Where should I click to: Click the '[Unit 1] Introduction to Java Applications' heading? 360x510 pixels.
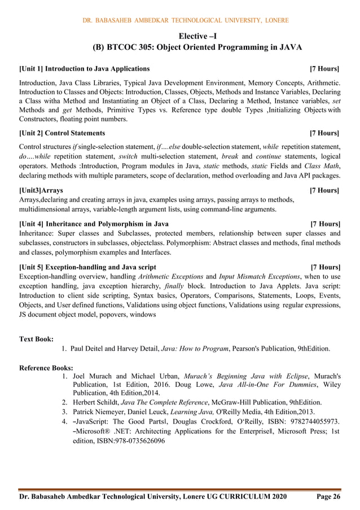coord(85,69)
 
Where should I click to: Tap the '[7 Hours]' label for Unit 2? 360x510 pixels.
coord(324,133)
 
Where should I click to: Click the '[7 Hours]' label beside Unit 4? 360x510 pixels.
coord(324,224)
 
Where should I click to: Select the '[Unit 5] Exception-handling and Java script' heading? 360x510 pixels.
coord(87,267)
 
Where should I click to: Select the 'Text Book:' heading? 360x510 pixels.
coord(37,339)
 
